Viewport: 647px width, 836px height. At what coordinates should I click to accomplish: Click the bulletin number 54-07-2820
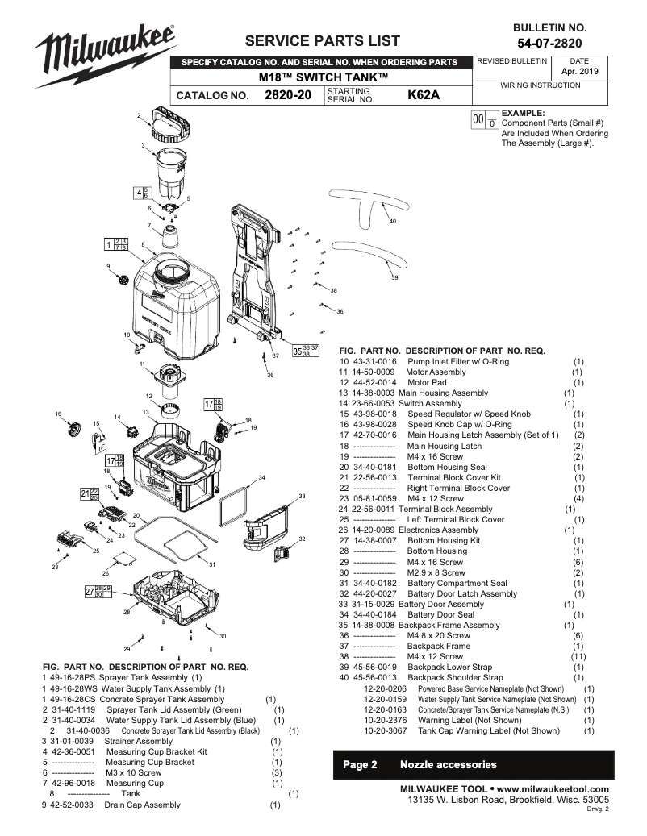click(x=550, y=43)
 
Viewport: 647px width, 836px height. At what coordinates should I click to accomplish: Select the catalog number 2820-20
click(x=288, y=95)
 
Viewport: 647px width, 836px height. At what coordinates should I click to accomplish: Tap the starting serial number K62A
click(x=424, y=95)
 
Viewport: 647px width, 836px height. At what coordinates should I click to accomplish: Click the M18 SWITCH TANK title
click(x=323, y=77)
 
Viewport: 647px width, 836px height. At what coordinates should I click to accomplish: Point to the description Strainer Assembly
click(x=138, y=741)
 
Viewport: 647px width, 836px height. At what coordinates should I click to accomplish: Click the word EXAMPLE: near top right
click(x=523, y=113)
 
